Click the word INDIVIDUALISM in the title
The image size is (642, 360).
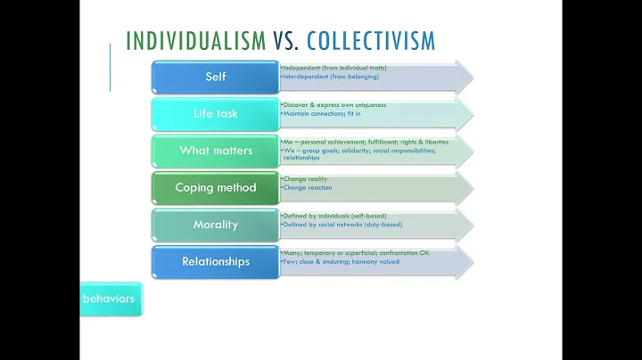[x=195, y=41]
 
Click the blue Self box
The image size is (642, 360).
[x=216, y=77]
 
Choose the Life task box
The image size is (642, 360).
[x=216, y=114]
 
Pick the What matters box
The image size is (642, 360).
[x=216, y=151]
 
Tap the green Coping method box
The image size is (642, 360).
[x=216, y=188]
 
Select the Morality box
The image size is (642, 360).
[x=216, y=225]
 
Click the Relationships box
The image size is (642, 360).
[x=216, y=262]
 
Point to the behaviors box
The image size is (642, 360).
[x=109, y=299]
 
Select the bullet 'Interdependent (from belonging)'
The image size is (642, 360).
[x=330, y=77]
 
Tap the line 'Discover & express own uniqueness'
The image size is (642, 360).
[x=335, y=105]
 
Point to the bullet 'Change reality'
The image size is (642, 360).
[x=306, y=179]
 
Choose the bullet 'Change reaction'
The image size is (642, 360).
[x=308, y=188]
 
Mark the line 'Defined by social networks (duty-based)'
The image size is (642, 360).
[x=342, y=225]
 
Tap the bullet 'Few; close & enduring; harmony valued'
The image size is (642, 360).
[x=341, y=262]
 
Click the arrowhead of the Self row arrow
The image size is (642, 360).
[x=463, y=77]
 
